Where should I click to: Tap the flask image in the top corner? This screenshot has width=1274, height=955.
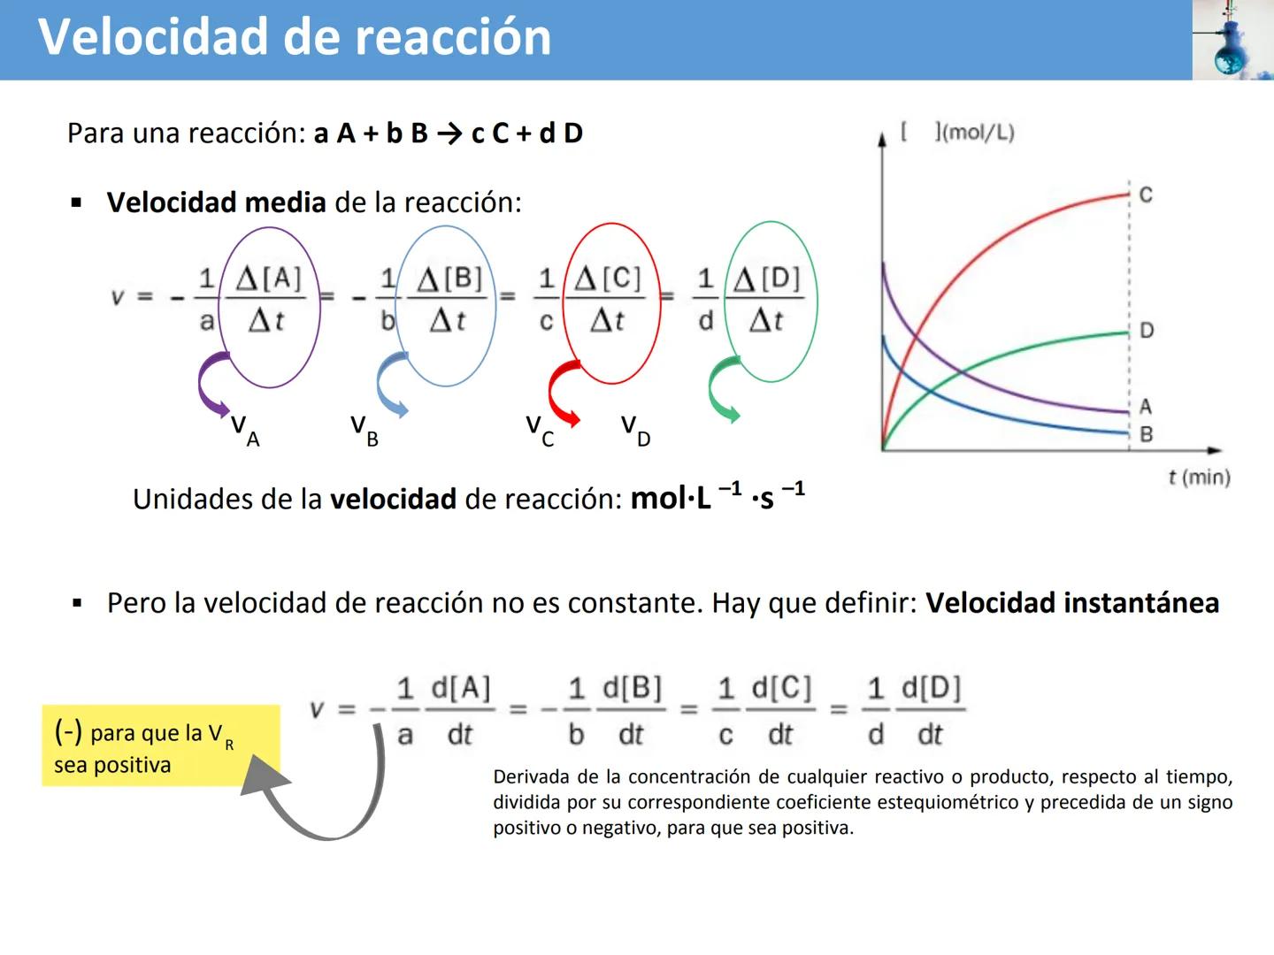click(x=1232, y=41)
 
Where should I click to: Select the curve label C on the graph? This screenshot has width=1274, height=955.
click(x=1146, y=195)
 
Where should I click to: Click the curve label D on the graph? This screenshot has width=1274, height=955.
click(x=1147, y=331)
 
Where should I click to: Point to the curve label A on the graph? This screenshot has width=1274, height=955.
click(x=1146, y=407)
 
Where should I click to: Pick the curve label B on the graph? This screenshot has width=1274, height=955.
click(x=1147, y=434)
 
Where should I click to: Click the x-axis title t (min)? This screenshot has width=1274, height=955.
click(x=1199, y=477)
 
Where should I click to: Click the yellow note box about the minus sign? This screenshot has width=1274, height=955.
click(x=160, y=745)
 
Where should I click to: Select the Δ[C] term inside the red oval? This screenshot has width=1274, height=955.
click(x=608, y=279)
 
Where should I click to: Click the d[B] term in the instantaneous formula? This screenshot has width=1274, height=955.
click(x=632, y=688)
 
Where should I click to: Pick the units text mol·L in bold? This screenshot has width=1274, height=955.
click(x=671, y=500)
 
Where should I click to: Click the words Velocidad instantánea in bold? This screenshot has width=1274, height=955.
click(x=1072, y=603)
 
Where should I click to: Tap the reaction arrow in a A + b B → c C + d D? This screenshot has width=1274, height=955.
click(x=449, y=134)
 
